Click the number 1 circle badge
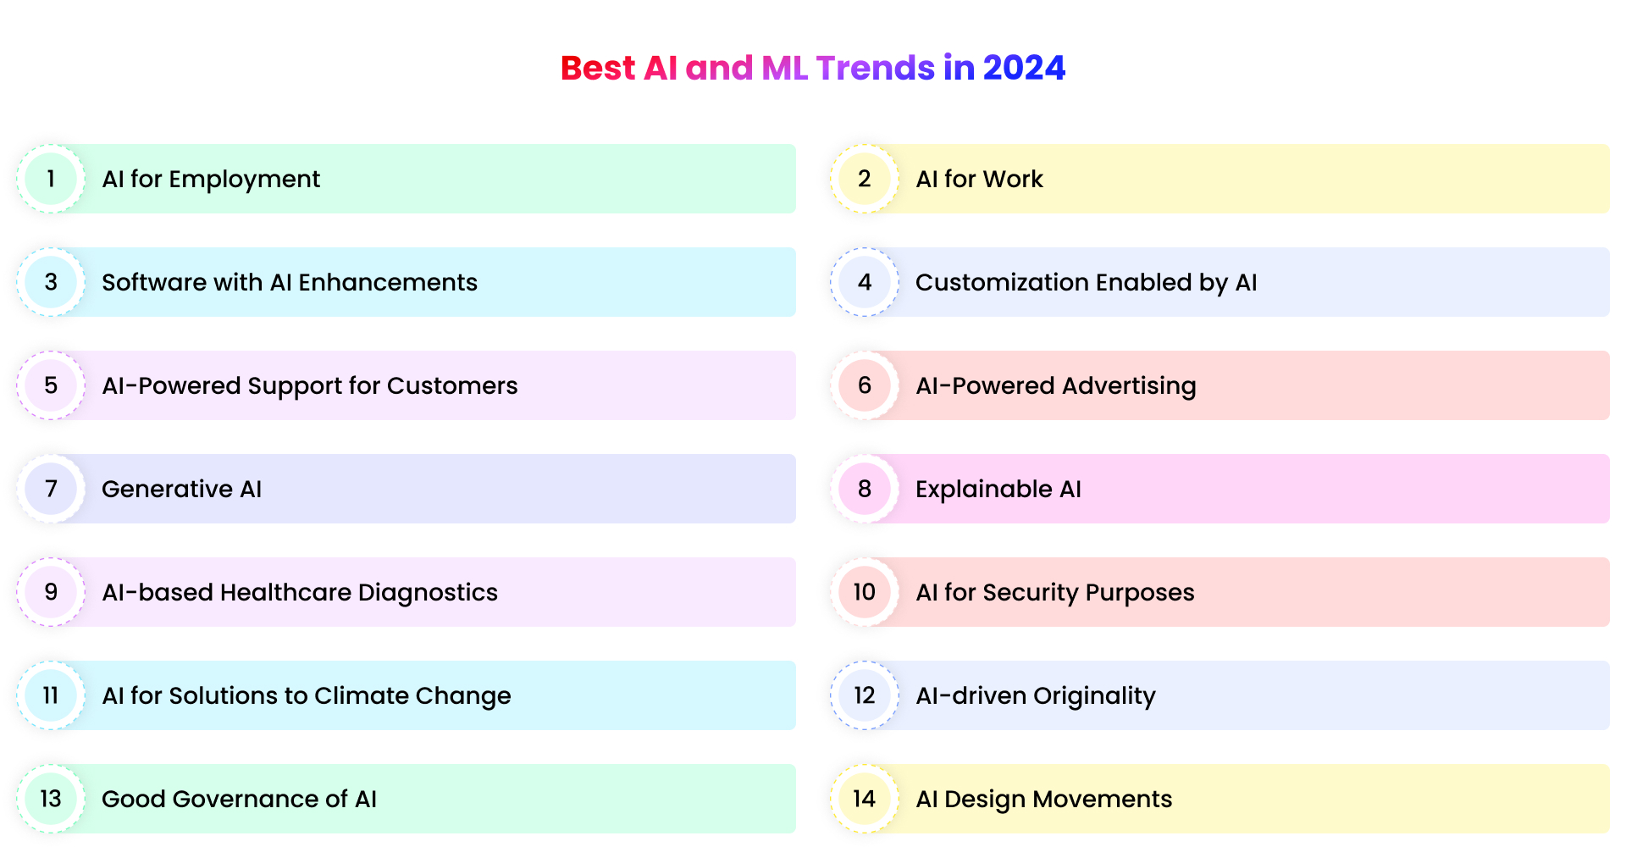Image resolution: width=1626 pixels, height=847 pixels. coord(51,179)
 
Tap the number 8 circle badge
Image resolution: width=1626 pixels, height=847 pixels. coord(864,489)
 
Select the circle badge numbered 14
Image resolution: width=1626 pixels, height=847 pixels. coord(864,799)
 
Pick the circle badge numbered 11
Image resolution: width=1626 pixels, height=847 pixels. coord(51,695)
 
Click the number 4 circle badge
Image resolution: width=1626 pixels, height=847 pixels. coord(864,282)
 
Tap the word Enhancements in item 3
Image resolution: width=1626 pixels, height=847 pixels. coord(388,283)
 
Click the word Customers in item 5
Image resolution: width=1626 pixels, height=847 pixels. coord(452,386)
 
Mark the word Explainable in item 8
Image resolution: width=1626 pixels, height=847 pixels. coord(983,490)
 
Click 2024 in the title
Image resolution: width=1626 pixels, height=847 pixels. coord(1024,68)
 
